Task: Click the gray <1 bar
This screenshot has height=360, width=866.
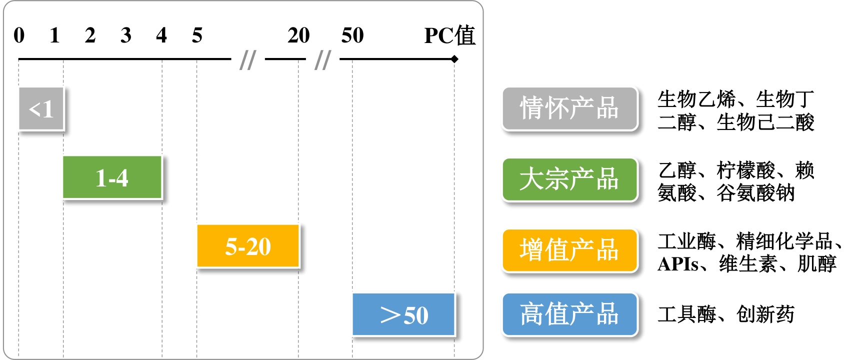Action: [x=41, y=109]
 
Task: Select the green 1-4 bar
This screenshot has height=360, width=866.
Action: [x=112, y=177]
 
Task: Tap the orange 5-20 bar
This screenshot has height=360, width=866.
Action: [x=248, y=246]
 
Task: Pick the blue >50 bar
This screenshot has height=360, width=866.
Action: [x=403, y=314]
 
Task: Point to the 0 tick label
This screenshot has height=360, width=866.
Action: [x=19, y=35]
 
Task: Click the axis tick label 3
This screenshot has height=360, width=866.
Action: [x=126, y=35]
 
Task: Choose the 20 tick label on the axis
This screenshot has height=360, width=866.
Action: [x=298, y=35]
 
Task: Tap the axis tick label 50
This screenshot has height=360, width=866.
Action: [x=352, y=35]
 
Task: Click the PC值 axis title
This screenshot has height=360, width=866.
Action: [x=449, y=35]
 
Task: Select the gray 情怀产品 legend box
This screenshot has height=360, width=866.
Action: [x=570, y=108]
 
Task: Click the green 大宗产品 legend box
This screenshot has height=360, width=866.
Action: [x=570, y=179]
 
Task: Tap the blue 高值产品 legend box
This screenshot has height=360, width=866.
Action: [x=570, y=314]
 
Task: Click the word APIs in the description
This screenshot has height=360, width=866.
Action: [x=678, y=264]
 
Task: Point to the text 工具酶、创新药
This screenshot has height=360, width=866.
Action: [x=726, y=314]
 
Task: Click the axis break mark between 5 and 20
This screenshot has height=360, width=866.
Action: [x=248, y=60]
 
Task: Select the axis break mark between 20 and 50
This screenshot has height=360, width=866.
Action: [x=323, y=60]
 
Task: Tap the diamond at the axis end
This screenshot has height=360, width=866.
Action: [x=454, y=59]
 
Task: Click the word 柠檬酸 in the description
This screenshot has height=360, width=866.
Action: [x=745, y=170]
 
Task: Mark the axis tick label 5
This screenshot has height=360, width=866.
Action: [x=197, y=35]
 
